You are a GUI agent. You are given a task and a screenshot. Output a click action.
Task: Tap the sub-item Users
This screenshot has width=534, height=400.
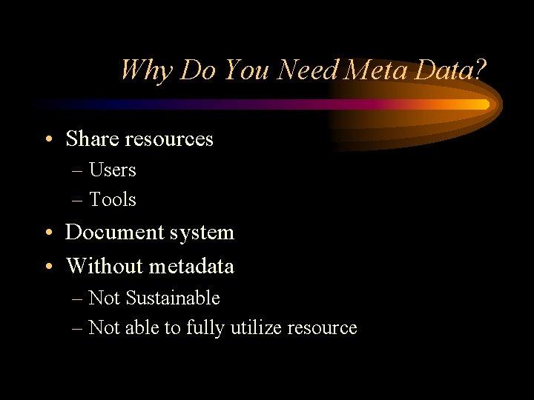pos(113,170)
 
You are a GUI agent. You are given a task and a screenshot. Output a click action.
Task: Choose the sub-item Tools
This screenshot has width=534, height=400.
pos(113,199)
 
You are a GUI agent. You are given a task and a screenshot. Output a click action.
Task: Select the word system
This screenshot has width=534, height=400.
pos(201,233)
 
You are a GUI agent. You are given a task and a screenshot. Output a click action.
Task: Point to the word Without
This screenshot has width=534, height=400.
pos(105,266)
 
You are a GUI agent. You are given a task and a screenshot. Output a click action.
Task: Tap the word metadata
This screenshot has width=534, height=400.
pos(191,266)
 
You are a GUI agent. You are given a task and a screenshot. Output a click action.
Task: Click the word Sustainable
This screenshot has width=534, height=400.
pos(173,298)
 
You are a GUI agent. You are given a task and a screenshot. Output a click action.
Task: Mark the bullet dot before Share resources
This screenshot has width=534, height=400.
pos(47,139)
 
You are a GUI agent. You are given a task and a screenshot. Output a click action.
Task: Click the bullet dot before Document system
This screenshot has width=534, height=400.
pos(47,233)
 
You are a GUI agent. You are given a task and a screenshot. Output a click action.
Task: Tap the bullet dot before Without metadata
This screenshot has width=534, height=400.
pos(47,267)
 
